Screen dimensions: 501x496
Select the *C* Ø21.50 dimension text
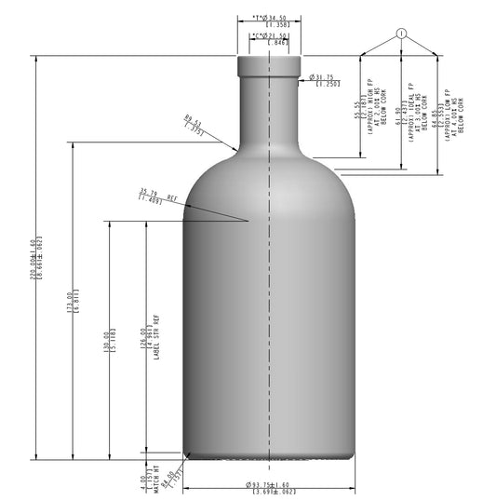coord(269,36)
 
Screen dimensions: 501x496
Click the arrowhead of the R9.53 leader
coord(236,148)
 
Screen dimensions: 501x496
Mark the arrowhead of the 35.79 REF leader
coord(248,221)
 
